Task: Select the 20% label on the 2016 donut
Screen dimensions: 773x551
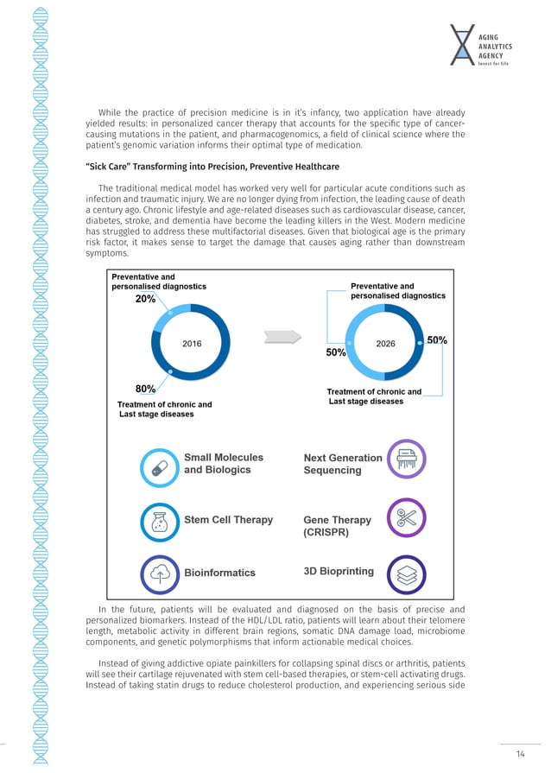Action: pos(144,299)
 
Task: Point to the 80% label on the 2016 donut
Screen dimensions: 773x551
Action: pos(145,389)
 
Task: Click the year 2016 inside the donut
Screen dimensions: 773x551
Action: pos(192,344)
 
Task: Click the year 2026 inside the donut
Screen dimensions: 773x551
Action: pos(385,344)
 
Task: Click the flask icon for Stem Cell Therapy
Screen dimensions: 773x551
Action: pos(158,521)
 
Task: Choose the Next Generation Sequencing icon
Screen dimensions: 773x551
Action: pos(407,459)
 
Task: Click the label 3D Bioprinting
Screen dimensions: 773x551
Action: pos(339,571)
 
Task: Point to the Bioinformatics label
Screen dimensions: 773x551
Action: pos(219,573)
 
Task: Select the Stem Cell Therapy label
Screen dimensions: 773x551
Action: pos(228,520)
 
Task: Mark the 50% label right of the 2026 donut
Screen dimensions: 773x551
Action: pos(437,340)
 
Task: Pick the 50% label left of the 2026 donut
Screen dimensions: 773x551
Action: pos(335,353)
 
